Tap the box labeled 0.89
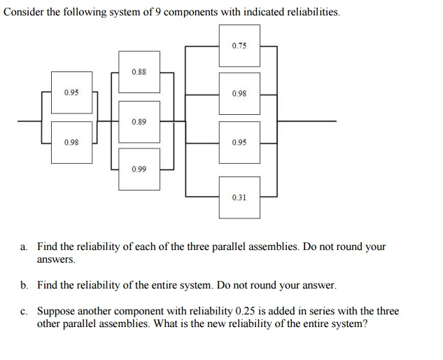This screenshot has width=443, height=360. [x=139, y=121]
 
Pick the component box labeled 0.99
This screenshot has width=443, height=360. [x=139, y=169]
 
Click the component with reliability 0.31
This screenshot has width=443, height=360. [x=239, y=197]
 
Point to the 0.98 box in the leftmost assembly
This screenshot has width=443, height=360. [x=71, y=142]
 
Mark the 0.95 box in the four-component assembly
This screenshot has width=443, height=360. [x=239, y=142]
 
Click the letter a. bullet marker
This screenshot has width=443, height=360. [x=24, y=247]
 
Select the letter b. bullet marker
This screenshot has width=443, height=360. [x=24, y=286]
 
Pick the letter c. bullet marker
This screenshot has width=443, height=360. [x=24, y=311]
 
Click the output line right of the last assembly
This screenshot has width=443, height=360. [x=308, y=120]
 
